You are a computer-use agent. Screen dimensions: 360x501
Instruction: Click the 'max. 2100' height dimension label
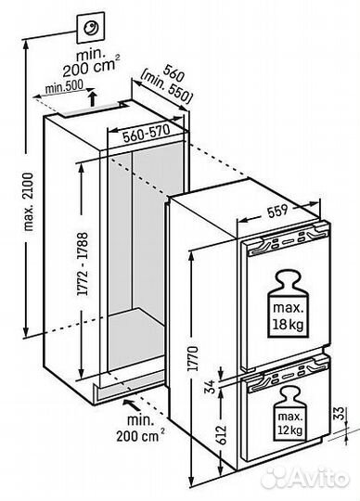pyautogui.click(x=29, y=202)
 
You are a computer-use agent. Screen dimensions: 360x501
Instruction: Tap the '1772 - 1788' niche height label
pyautogui.click(x=83, y=263)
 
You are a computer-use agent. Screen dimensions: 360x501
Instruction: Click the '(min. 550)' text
pyautogui.click(x=166, y=87)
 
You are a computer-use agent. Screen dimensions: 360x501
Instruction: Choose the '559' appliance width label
pyautogui.click(x=277, y=211)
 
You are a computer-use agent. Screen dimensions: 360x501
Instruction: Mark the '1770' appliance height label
pyautogui.click(x=193, y=358)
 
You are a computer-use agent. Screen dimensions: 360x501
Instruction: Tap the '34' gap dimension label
pyautogui.click(x=212, y=386)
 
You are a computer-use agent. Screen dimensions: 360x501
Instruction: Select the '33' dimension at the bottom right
pyautogui.click(x=341, y=413)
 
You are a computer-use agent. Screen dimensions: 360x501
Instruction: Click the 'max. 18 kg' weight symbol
pyautogui.click(x=289, y=304)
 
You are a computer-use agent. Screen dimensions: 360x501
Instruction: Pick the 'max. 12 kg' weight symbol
pyautogui.click(x=290, y=413)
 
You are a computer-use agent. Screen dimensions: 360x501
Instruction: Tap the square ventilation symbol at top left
pyautogui.click(x=90, y=28)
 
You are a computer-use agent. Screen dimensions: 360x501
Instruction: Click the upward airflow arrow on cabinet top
pyautogui.click(x=92, y=98)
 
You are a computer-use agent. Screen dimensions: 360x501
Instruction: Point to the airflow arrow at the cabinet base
pyautogui.click(x=132, y=405)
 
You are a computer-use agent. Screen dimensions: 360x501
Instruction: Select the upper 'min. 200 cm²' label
pyautogui.click(x=89, y=63)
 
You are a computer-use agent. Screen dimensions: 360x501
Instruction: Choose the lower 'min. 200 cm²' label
pyautogui.click(x=140, y=428)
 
